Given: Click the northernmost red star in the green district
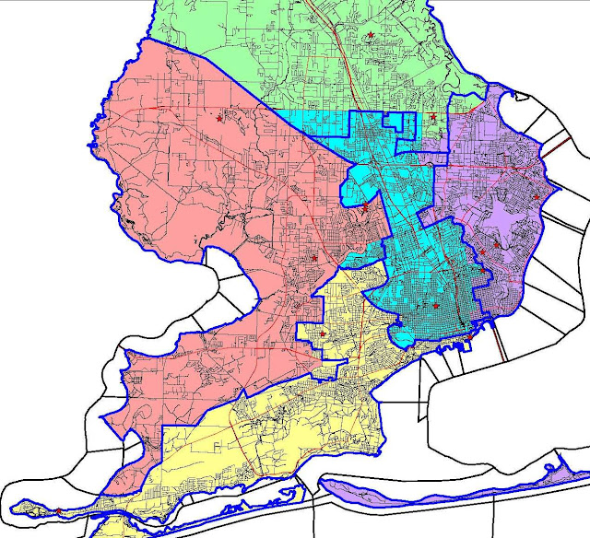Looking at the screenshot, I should click(371, 35).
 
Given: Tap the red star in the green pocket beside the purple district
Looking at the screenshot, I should click(433, 117).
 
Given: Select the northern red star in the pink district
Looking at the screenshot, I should click(219, 118).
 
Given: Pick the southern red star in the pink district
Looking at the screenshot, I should click(314, 259).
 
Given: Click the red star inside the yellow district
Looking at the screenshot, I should click(323, 333).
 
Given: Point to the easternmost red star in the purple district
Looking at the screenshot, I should click(537, 196).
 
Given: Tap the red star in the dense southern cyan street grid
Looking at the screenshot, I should click(436, 305).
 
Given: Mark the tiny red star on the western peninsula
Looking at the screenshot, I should click(58, 509).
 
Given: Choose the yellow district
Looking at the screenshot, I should click(277, 433).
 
